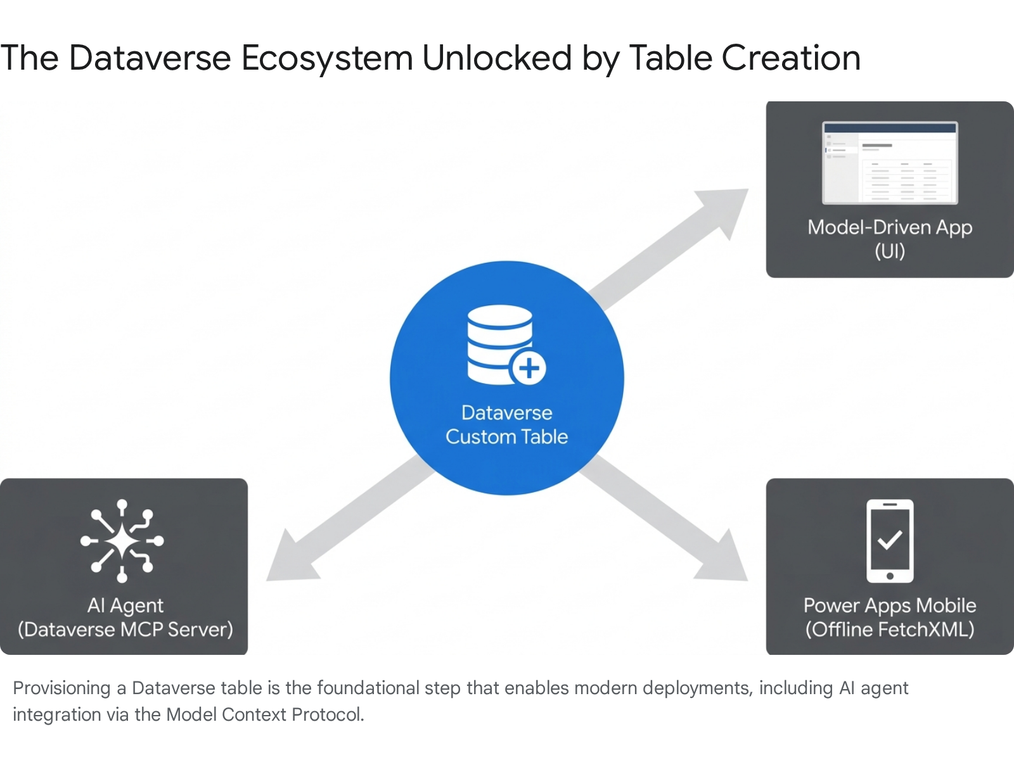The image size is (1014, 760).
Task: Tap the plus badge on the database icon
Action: click(529, 368)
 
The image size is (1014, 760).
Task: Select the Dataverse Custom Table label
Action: click(507, 424)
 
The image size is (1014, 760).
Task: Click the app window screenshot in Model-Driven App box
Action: click(890, 163)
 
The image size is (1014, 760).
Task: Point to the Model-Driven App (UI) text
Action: click(890, 239)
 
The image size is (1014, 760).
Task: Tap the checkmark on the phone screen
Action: click(890, 540)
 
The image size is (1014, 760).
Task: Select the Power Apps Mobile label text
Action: click(890, 605)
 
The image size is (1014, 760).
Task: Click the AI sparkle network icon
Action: click(122, 540)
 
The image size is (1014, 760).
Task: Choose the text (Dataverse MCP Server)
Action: click(125, 630)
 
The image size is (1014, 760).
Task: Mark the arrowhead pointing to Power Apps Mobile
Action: click(726, 561)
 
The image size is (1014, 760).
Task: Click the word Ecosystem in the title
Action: click(327, 58)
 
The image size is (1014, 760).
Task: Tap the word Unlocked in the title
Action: click(497, 58)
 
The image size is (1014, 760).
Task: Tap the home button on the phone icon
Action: click(890, 576)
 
